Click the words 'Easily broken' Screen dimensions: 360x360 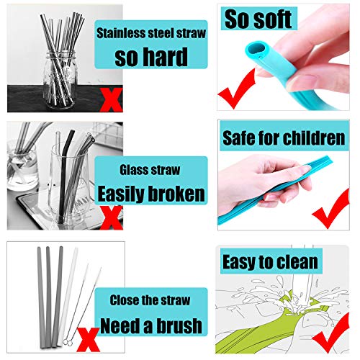click(x=151, y=193)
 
